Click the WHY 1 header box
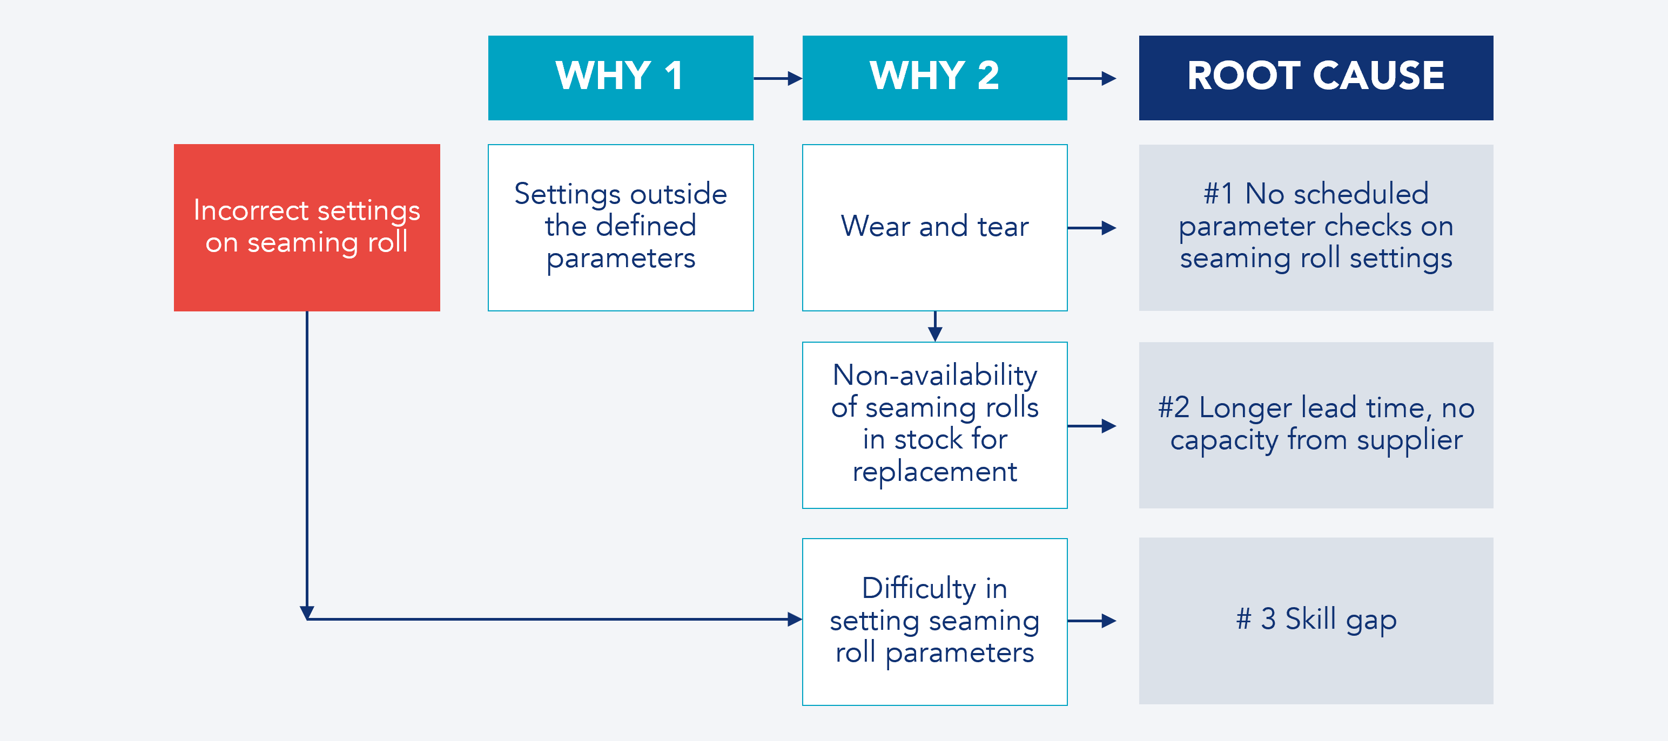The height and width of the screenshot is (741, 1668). click(620, 77)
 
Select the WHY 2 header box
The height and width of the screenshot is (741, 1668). click(934, 77)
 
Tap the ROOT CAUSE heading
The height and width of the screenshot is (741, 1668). click(1315, 76)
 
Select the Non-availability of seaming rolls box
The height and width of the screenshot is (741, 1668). click(934, 425)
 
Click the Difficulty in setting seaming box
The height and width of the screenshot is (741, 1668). click(934, 621)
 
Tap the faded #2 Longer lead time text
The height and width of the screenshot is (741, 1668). click(1316, 424)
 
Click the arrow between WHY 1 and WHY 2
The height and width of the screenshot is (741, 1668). click(778, 78)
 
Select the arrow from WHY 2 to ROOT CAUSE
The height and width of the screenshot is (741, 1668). click(1093, 78)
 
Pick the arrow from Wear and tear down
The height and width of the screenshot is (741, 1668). click(934, 327)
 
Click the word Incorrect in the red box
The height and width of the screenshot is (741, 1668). click(251, 210)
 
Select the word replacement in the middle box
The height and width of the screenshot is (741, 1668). click(934, 472)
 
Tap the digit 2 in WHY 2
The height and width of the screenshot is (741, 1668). click(987, 76)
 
